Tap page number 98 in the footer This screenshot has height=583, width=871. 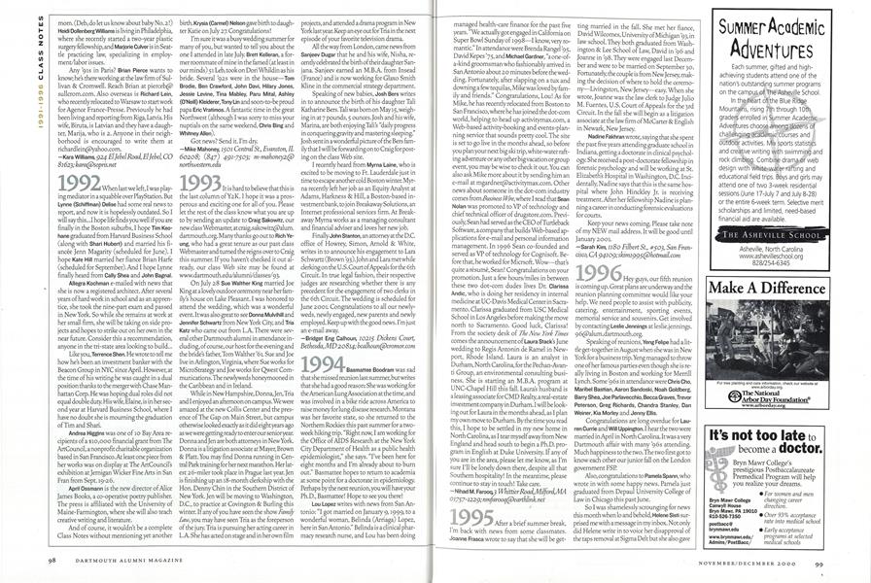52,561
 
